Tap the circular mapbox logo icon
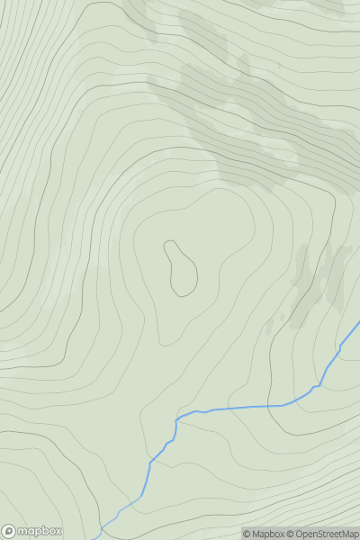point(9,531)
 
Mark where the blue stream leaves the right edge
point(358,322)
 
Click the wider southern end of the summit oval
point(185,286)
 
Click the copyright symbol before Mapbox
point(247,534)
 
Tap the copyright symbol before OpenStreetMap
point(291,534)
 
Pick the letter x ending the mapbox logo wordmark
point(58,531)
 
